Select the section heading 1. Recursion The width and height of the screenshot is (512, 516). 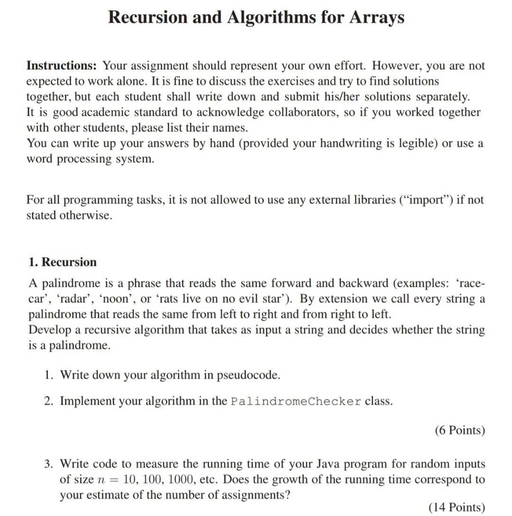pyautogui.click(x=62, y=262)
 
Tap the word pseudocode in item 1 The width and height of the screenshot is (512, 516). pyautogui.click(x=248, y=375)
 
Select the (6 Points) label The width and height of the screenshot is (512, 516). pyautogui.click(x=459, y=430)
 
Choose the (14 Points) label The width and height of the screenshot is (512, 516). pyautogui.click(x=457, y=507)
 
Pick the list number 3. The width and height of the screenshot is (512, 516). pyautogui.click(x=49, y=464)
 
